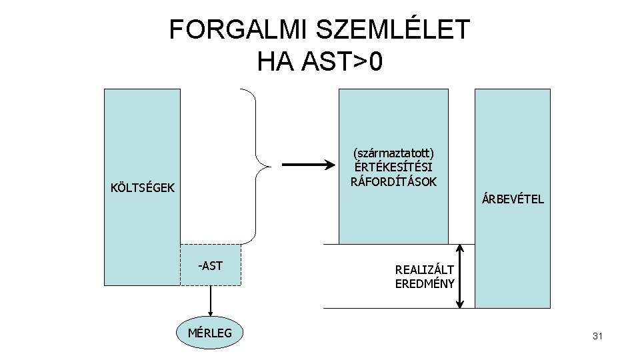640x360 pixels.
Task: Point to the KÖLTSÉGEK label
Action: [x=143, y=188]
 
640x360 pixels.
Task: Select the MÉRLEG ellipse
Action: [x=211, y=333]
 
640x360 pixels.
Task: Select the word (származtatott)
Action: [x=393, y=153]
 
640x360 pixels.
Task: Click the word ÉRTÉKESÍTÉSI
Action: [x=393, y=167]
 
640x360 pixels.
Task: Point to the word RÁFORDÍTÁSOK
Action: [x=393, y=181]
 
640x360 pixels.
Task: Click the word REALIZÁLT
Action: [x=425, y=270]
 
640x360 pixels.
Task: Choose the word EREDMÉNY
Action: [x=425, y=283]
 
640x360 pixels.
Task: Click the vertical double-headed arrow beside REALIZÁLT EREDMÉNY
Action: [x=460, y=275]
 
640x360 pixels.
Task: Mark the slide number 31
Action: [x=597, y=337]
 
